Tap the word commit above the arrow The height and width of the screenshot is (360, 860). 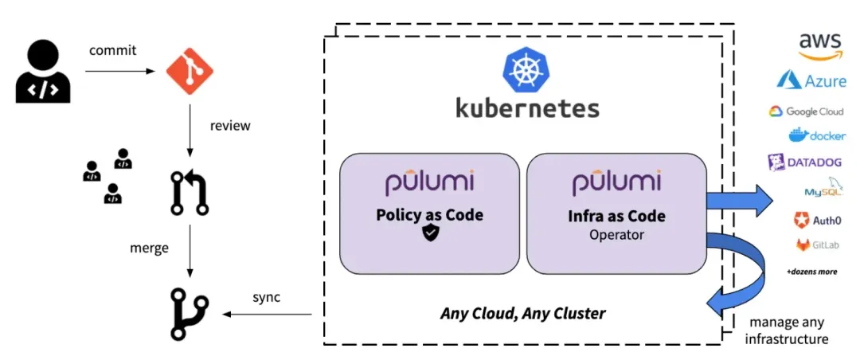click(112, 50)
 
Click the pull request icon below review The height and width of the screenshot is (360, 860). click(190, 194)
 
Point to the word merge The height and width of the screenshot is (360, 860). click(149, 248)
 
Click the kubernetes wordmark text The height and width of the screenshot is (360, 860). click(527, 108)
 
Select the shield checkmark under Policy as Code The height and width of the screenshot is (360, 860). click(430, 233)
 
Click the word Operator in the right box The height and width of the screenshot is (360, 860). click(617, 235)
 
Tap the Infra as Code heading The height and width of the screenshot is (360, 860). click(617, 216)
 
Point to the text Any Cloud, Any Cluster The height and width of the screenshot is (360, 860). click(522, 313)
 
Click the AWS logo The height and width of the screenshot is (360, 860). click(819, 46)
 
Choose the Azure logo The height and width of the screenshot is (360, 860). click(811, 80)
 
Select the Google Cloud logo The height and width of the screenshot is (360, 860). click(806, 112)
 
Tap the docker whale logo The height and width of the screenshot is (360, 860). click(817, 135)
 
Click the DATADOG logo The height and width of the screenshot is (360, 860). click(804, 162)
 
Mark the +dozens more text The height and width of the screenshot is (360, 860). click(811, 272)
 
